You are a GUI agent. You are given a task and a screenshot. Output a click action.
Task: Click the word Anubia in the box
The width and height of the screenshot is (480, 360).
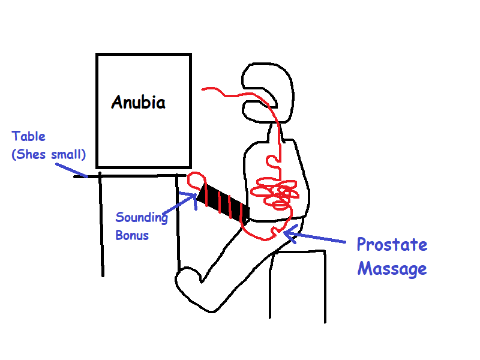(138, 103)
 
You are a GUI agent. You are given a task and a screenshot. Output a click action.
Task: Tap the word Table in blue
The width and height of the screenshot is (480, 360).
(29, 137)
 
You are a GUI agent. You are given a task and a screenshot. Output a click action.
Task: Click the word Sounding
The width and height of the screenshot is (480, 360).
(142, 218)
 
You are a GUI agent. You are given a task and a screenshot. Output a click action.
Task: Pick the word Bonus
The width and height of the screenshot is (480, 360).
(132, 235)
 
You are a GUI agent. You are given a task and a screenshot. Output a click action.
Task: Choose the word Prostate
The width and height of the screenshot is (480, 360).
(392, 245)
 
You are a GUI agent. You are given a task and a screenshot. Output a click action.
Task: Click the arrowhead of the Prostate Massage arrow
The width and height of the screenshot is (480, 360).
(286, 233)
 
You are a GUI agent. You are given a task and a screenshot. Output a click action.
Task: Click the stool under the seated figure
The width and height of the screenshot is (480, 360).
(298, 285)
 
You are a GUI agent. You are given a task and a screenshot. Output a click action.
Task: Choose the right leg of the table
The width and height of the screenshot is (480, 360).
(178, 222)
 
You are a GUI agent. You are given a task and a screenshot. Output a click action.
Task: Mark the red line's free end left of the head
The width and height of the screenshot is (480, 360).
(203, 89)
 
